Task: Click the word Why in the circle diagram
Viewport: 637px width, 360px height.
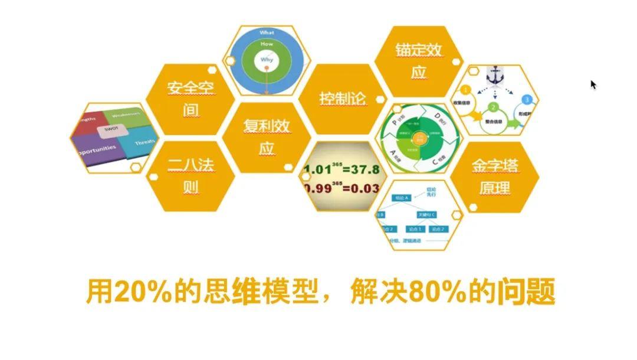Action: pos(267,60)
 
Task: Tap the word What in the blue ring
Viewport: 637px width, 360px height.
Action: pos(267,32)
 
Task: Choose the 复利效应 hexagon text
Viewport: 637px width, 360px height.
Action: pos(267,136)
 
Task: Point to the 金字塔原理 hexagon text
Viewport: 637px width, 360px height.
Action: pos(494,176)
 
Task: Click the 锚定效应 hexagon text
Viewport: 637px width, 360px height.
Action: pos(419,61)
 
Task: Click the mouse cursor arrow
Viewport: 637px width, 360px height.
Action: pos(593,84)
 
